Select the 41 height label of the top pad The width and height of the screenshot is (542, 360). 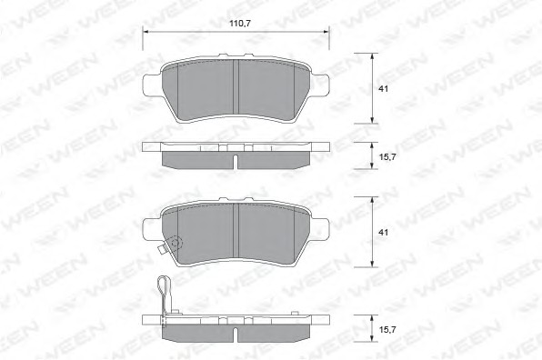(383, 89)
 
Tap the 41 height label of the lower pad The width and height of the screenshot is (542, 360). (383, 233)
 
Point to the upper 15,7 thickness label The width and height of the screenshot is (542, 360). (387, 157)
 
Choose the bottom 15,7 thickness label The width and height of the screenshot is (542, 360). (387, 330)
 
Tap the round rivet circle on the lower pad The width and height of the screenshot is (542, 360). (176, 243)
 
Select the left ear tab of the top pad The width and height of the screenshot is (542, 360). (151, 85)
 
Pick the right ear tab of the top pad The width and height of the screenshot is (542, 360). (320, 85)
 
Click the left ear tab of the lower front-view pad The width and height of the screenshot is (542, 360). (151, 229)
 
